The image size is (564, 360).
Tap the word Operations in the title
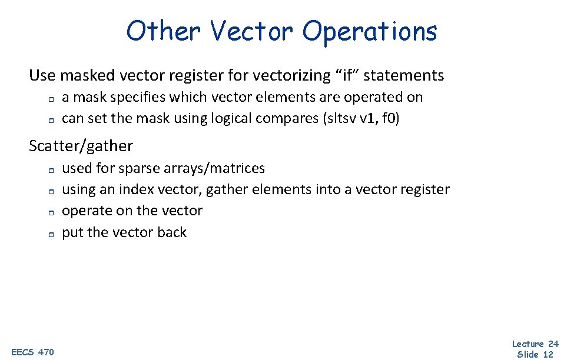370,31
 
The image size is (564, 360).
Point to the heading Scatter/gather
81,146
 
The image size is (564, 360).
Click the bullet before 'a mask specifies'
51,98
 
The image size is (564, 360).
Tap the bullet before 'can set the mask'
51,120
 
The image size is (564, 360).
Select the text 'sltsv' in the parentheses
341,118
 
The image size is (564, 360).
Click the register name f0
391,118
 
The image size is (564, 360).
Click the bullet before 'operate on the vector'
51,212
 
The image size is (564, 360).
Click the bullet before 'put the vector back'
51,234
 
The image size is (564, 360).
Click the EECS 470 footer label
32,352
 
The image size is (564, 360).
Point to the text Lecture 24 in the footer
535,344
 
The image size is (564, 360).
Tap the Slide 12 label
535,354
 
